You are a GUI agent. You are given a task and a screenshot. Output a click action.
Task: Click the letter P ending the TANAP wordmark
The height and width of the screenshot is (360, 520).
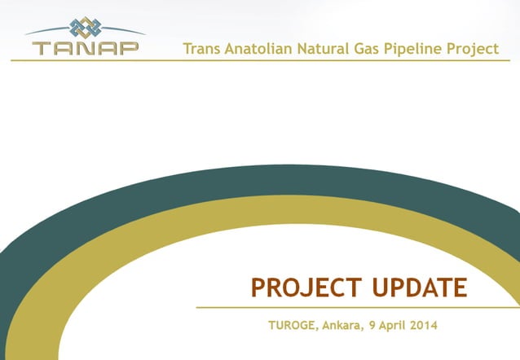128,47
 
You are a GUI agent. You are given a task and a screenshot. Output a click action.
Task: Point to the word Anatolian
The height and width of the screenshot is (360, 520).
262,49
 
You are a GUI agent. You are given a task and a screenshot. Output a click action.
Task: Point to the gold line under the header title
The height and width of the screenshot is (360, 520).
326,60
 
